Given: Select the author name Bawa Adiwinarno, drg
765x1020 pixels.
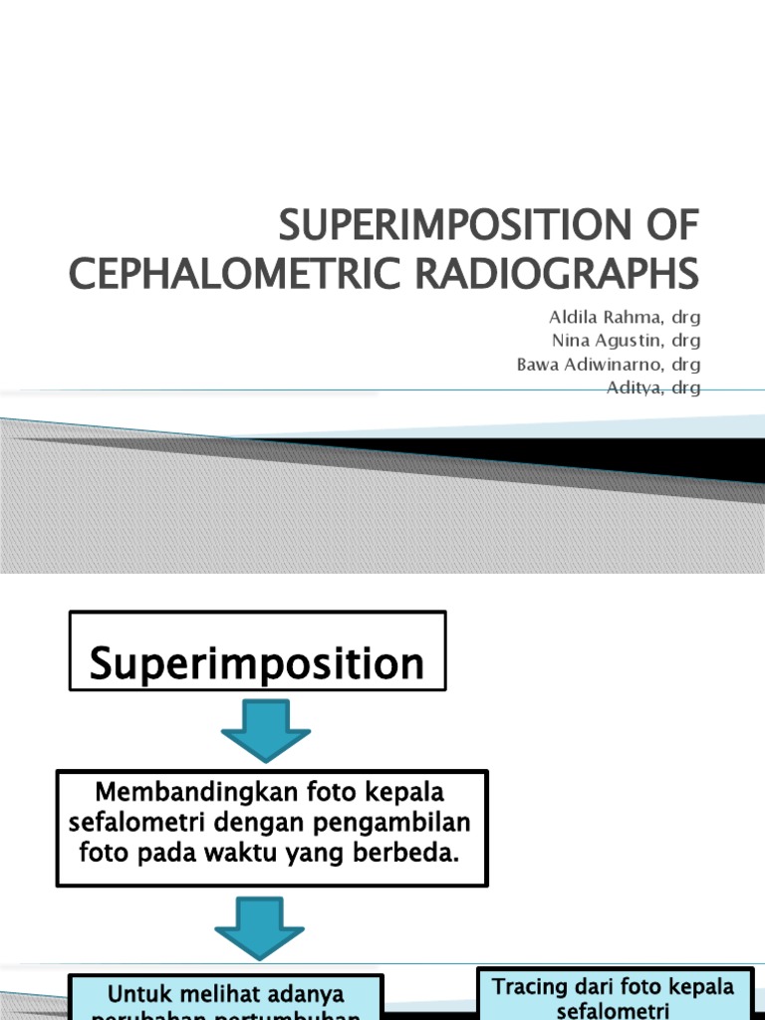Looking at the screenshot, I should point(608,366).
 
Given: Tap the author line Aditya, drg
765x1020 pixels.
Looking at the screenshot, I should point(653,387).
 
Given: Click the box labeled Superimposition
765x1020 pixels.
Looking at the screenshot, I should point(257,651).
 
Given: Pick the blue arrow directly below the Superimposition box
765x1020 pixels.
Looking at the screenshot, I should point(265,730).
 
